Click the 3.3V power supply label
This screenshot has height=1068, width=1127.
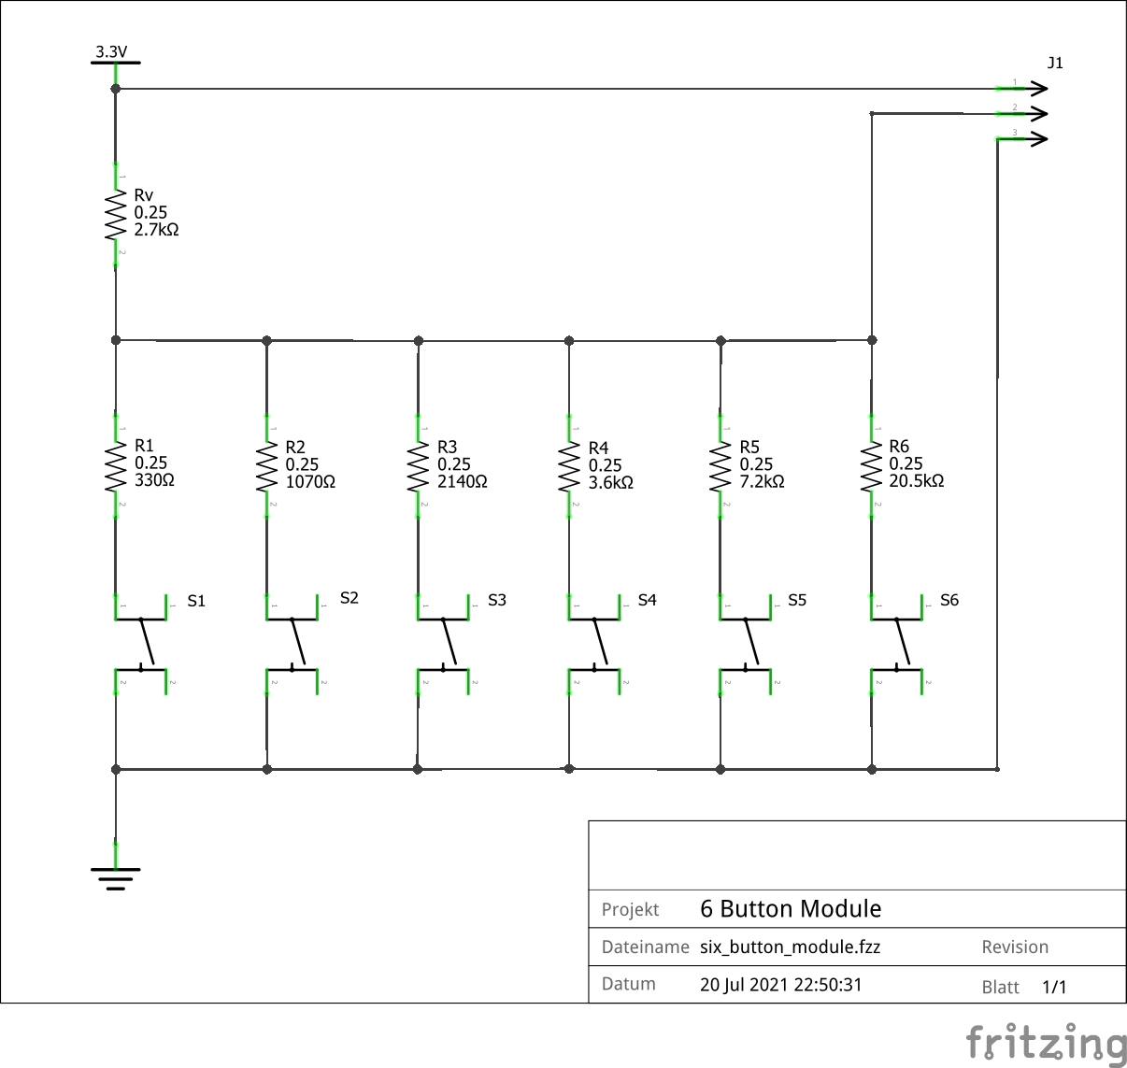pos(111,51)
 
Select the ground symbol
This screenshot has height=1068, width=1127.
pos(116,876)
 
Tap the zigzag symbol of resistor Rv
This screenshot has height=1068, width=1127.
pos(116,216)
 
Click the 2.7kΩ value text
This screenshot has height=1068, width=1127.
pos(156,230)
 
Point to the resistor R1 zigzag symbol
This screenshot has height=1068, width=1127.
pos(116,467)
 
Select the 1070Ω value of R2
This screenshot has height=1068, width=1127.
pos(310,482)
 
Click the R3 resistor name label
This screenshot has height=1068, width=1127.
pos(447,448)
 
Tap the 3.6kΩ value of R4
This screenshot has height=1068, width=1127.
pos(611,483)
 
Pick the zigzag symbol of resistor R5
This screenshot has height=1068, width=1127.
pos(720,467)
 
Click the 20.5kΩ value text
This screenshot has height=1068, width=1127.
pos(916,481)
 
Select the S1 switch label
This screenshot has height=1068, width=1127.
pos(196,601)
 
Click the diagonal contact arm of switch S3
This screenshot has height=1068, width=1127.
pos(449,642)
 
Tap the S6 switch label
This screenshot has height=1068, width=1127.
pos(949,600)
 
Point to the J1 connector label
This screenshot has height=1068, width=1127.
pos(1055,63)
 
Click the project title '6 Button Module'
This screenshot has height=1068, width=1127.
pos(791,909)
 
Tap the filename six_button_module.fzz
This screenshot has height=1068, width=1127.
pos(790,947)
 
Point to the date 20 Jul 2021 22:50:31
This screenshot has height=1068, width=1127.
pos(780,985)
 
